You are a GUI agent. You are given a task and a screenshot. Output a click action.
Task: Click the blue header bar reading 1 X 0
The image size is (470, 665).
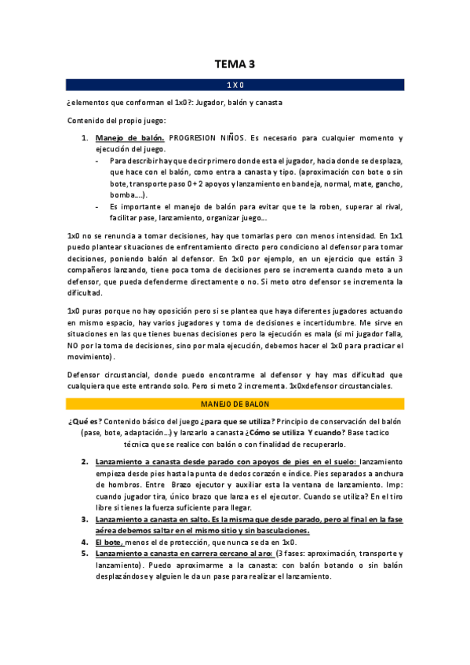(x=235, y=83)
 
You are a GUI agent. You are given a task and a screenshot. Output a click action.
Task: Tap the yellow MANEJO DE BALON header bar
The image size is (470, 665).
(x=235, y=404)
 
